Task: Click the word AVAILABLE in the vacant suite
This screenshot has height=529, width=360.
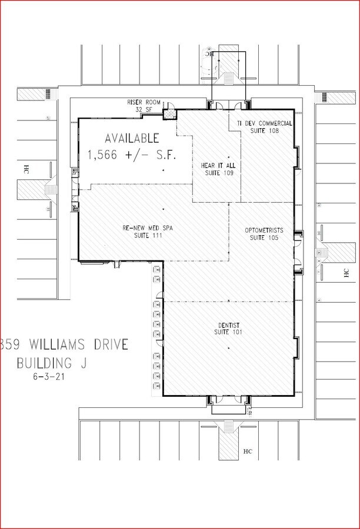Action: (x=132, y=139)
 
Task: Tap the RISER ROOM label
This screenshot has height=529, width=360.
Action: (x=144, y=102)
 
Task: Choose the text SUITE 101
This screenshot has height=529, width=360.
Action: (x=228, y=333)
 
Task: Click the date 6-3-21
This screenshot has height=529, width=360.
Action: (x=49, y=377)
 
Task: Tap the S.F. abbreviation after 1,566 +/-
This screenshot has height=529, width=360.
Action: (x=164, y=155)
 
